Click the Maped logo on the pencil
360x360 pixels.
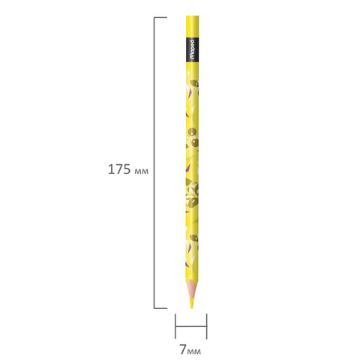point(192,50)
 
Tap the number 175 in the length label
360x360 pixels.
point(119,169)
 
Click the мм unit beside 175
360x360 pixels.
point(142,171)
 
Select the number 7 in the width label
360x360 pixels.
point(183,349)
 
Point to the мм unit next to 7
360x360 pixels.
point(194,352)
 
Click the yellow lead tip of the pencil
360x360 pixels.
point(192,303)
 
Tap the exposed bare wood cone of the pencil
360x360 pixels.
point(192,290)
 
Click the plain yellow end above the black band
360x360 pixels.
point(193,27)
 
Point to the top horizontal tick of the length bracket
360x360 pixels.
point(160,17)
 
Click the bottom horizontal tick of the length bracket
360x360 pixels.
point(160,308)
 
